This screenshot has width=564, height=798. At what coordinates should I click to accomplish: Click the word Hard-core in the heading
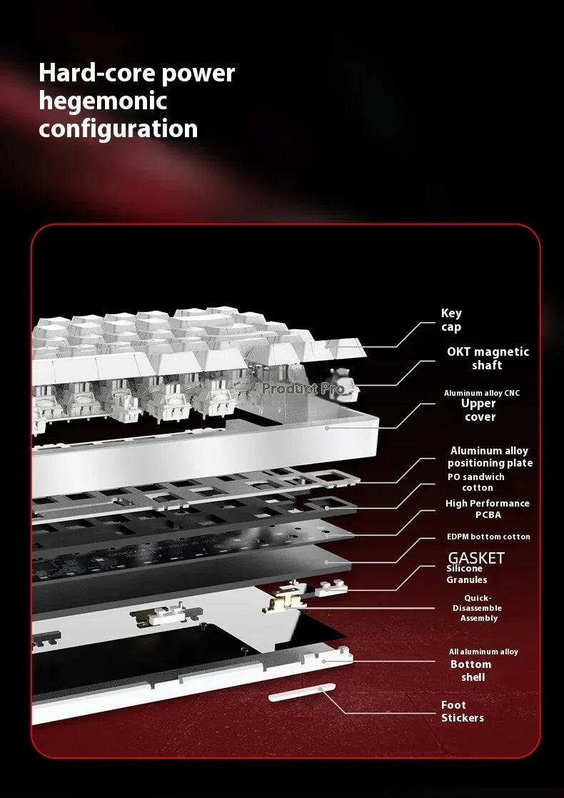tap(96, 74)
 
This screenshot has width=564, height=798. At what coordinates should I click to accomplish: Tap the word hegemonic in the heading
tap(103, 101)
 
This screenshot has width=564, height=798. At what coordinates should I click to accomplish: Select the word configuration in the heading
tap(118, 129)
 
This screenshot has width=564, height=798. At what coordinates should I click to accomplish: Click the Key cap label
tap(451, 320)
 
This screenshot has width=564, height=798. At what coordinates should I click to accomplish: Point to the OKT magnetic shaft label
tap(488, 359)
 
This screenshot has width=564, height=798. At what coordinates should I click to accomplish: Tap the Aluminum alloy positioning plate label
tap(490, 457)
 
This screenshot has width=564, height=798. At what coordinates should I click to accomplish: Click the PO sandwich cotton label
tap(476, 482)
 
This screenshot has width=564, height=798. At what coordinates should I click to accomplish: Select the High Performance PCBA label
tap(487, 509)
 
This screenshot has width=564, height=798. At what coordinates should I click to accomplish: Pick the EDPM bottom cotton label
tap(488, 537)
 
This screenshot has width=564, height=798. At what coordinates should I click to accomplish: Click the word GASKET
tap(476, 558)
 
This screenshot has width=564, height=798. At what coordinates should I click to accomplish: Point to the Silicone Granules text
tap(466, 574)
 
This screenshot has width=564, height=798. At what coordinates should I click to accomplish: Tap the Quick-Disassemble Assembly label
tap(477, 608)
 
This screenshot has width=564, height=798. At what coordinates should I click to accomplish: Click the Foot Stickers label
tap(463, 712)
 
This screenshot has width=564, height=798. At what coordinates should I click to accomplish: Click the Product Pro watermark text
tap(303, 389)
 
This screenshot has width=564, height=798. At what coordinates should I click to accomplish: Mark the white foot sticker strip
tap(302, 692)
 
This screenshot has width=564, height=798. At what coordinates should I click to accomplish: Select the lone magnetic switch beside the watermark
tap(346, 384)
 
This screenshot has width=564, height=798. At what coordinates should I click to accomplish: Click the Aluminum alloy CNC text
tap(482, 393)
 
